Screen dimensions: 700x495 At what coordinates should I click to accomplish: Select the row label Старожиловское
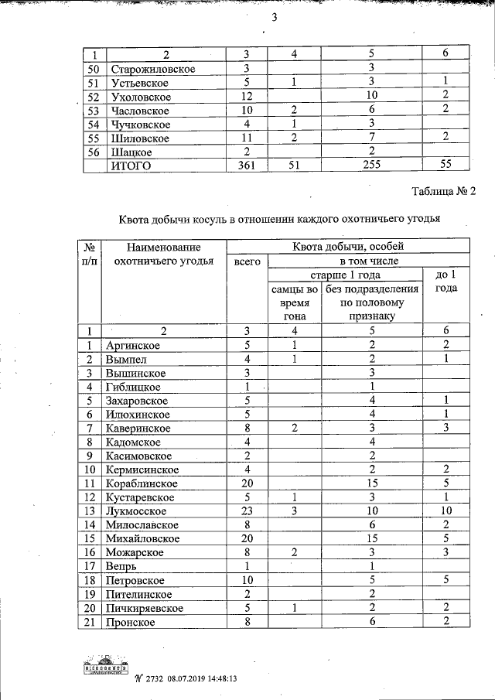(x=152, y=70)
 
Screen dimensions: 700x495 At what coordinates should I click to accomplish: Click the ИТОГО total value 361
(x=244, y=165)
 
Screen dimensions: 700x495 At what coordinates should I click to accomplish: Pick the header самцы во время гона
(x=294, y=302)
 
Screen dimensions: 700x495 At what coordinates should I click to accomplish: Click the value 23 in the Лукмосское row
(x=245, y=510)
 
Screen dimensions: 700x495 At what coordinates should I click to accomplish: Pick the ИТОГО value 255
(x=372, y=165)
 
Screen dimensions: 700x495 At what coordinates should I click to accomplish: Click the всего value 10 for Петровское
(x=245, y=581)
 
